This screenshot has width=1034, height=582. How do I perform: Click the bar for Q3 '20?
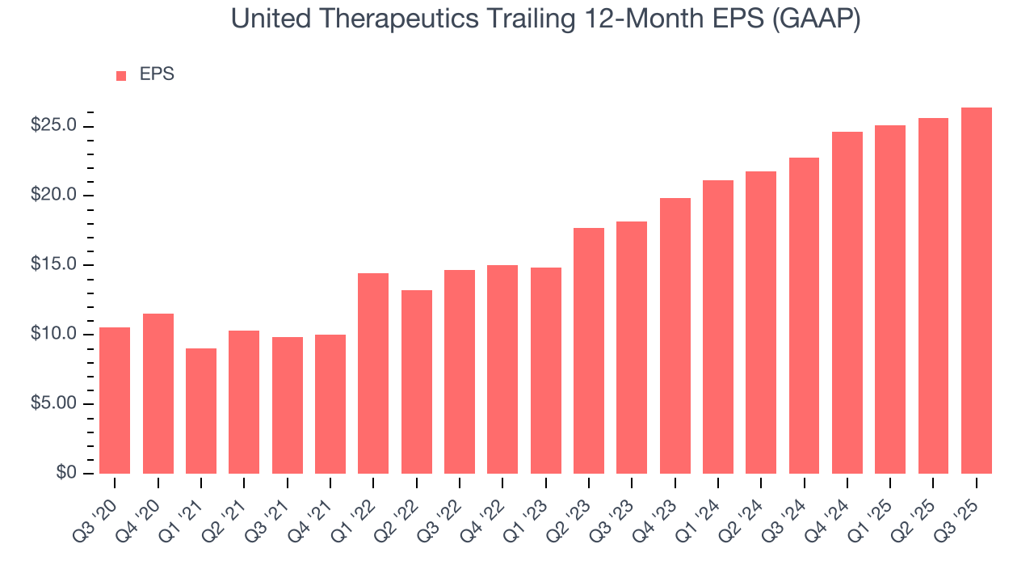(x=115, y=400)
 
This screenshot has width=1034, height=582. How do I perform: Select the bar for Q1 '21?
(x=201, y=411)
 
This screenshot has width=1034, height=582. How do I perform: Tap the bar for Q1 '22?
(x=373, y=373)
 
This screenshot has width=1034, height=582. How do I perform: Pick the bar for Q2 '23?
(x=589, y=351)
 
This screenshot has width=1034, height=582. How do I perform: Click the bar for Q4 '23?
(x=675, y=335)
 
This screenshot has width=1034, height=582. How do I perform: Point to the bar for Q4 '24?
(x=847, y=302)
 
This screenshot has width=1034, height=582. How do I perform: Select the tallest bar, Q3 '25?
(x=977, y=290)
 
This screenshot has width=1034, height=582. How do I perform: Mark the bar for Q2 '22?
(x=417, y=382)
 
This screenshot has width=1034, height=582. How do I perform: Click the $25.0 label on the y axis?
(x=54, y=126)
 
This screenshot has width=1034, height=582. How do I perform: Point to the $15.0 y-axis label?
(x=54, y=265)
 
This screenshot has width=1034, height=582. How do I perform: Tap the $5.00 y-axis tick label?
(x=54, y=404)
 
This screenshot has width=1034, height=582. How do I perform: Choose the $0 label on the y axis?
(x=66, y=474)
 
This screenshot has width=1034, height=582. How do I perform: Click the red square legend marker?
(x=121, y=75)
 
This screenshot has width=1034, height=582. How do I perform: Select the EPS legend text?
(x=157, y=74)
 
